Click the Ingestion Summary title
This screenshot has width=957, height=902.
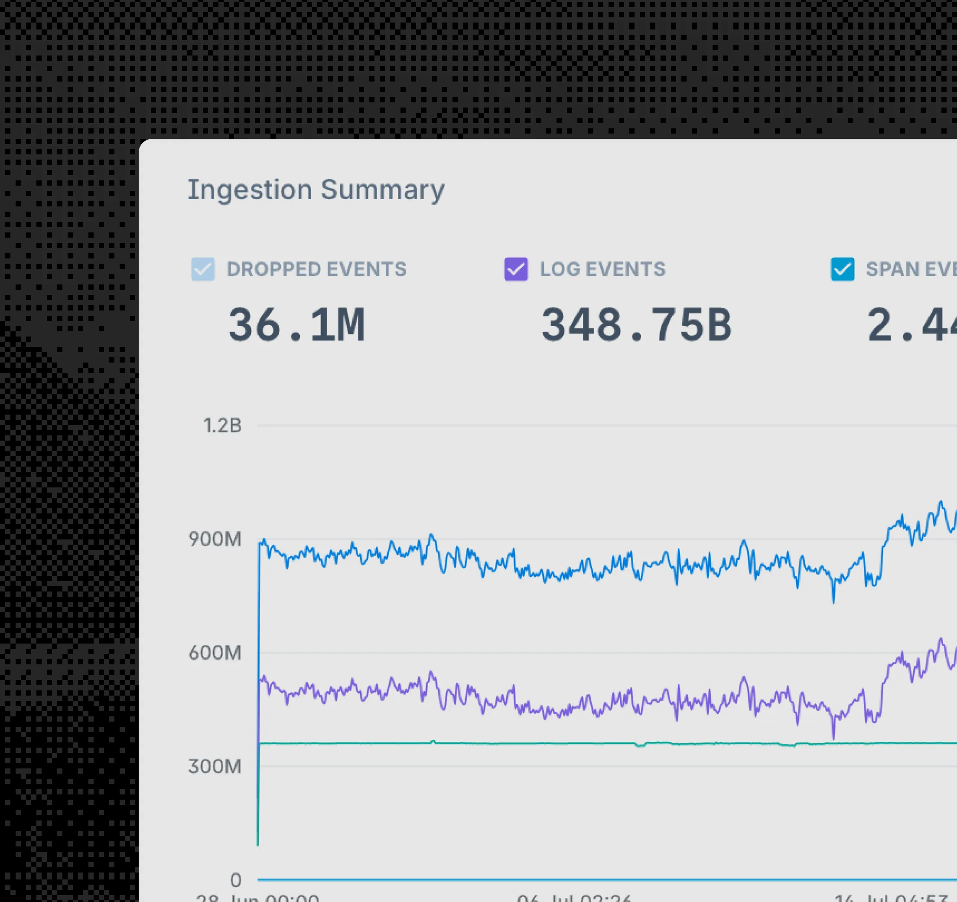point(316,190)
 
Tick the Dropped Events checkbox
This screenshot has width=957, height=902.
point(203,269)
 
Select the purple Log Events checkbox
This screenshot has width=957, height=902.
point(516,269)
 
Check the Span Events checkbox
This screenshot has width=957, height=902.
point(843,269)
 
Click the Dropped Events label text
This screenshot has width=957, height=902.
point(316,269)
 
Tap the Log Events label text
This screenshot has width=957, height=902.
point(602,269)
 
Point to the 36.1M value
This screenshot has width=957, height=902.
point(296,326)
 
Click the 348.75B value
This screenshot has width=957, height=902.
point(636,326)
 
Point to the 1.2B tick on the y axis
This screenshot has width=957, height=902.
point(222,426)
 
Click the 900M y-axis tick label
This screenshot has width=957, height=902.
point(215,539)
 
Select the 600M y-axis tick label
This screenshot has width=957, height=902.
point(215,653)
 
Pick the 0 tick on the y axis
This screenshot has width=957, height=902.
point(235,880)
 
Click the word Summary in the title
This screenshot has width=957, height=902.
point(383,190)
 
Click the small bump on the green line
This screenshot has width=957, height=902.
point(433,742)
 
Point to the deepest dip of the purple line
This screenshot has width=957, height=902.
point(834,737)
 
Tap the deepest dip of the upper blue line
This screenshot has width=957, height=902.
point(834,601)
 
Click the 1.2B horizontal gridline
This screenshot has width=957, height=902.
point(578,426)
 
